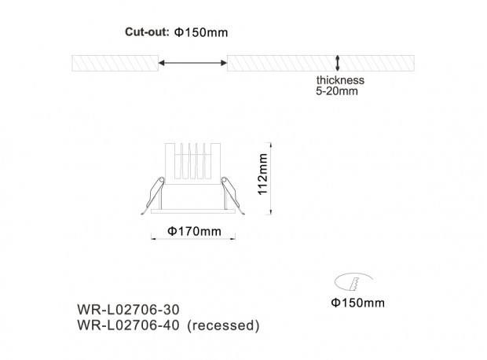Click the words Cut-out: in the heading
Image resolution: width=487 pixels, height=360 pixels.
point(147,31)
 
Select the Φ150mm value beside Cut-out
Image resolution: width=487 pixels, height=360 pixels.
point(201,32)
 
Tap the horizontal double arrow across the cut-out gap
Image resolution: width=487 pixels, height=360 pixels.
point(192,63)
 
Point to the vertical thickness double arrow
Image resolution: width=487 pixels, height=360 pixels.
point(337,63)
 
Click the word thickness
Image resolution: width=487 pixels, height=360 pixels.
point(340,80)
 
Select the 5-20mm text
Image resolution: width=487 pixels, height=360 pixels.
point(337,91)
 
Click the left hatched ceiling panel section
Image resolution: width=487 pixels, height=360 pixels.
point(115,63)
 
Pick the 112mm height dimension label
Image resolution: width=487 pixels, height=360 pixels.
point(263,174)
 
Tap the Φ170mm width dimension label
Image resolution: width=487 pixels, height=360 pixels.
point(195,231)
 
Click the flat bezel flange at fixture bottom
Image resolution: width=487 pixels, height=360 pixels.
point(193,211)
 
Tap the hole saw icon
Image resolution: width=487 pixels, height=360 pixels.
point(353,281)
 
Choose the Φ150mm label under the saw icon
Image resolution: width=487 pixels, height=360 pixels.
point(358,303)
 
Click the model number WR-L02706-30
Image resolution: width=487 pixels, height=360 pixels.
point(128,310)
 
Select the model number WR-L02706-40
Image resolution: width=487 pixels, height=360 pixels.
point(128,325)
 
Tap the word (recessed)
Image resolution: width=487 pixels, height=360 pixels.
point(224,325)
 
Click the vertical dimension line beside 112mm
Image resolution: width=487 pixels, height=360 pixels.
point(271,178)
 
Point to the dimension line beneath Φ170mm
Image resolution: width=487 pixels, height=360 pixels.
point(193,239)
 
